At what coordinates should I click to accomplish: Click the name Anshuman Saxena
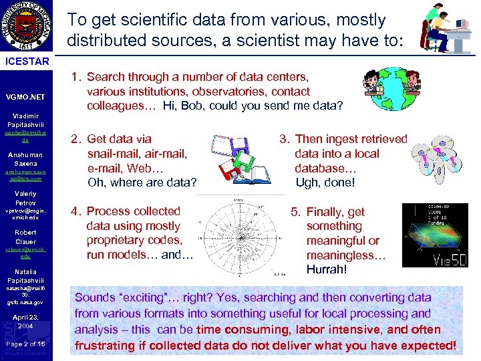pos(25,158)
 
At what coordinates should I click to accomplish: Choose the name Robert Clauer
pos(25,237)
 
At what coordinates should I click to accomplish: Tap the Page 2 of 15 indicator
pos(25,343)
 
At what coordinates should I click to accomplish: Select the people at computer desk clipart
pos(444,29)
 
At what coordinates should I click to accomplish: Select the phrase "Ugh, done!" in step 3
pos(325,182)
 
